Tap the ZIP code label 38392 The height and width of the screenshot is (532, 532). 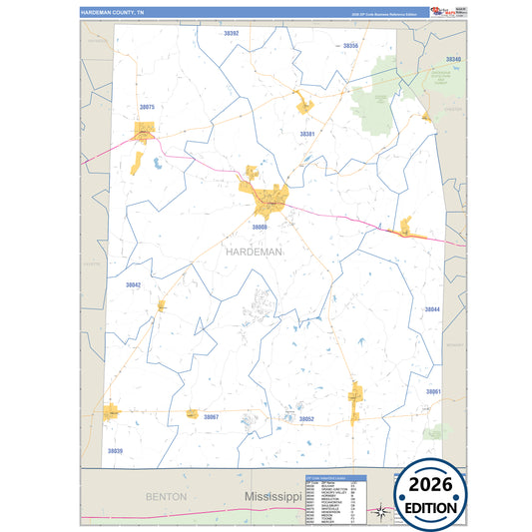(232, 33)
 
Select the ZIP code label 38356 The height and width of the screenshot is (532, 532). (349, 47)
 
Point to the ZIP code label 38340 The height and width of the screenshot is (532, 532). (453, 60)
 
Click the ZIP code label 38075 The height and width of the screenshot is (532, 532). (148, 106)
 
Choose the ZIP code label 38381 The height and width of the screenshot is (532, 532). (307, 133)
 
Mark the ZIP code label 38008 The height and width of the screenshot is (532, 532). (260, 228)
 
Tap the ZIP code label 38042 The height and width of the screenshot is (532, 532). (133, 284)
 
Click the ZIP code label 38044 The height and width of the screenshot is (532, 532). (432, 309)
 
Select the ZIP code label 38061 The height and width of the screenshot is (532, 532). (433, 391)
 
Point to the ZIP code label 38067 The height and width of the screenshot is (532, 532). (211, 416)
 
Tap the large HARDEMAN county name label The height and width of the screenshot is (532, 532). (254, 253)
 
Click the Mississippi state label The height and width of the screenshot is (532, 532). (273, 496)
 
